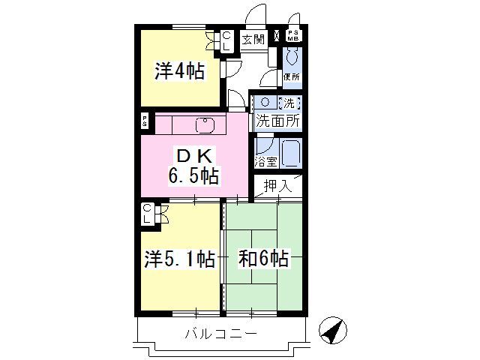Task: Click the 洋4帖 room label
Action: coord(180,72)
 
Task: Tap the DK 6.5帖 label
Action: coord(194,166)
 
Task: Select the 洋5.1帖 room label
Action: coord(180,259)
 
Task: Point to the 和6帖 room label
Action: coord(263,259)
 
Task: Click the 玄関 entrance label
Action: coord(253,39)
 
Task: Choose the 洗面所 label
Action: coord(277,119)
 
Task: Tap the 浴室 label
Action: coord(265,160)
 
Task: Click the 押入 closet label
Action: coord(277,185)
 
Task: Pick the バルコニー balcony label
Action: coord(221,334)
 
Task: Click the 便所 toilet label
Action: coord(292,76)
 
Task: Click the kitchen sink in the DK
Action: coord(205,124)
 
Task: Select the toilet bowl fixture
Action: coord(292,56)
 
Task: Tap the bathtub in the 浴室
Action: coord(289,154)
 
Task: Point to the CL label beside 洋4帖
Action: coord(227,40)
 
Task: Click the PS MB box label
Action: coord(292,36)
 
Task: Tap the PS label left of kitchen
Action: coord(145,121)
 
